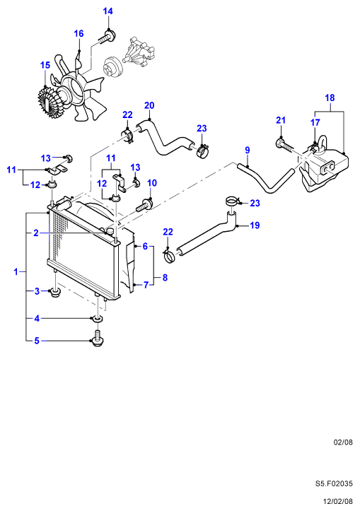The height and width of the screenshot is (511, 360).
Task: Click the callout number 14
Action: click(108, 11)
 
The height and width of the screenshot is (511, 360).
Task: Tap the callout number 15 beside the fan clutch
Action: click(45, 65)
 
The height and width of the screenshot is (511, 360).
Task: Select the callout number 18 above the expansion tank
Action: click(330, 98)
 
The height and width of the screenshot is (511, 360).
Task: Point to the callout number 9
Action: click(248, 151)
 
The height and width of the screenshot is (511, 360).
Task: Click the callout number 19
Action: click(255, 225)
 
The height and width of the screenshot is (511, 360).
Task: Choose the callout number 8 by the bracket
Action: click(165, 278)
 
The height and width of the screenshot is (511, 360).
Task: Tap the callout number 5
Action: click(37, 341)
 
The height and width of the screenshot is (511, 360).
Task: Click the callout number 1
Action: click(16, 271)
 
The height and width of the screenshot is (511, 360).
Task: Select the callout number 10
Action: click(152, 183)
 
